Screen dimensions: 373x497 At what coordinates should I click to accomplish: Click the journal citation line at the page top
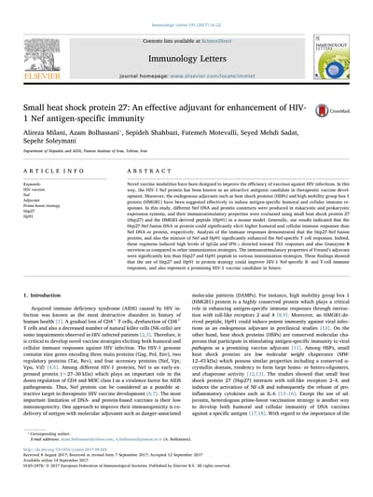(x=186, y=6)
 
